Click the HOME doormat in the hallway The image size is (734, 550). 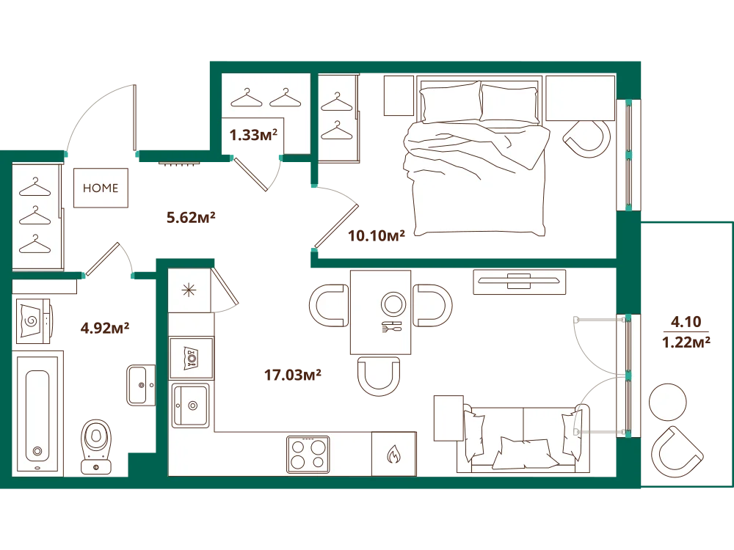click(101, 188)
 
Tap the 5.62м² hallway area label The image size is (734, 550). click(191, 218)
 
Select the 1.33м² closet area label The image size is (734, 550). click(253, 135)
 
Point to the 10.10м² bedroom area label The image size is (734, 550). click(377, 235)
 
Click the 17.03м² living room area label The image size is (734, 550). click(293, 375)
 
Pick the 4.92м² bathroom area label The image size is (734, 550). click(105, 328)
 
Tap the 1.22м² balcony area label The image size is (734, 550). click(686, 342)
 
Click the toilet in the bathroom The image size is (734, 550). click(96, 447)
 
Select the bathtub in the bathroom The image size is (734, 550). click(37, 414)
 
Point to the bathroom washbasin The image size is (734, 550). click(141, 385)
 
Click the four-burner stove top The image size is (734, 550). click(308, 454)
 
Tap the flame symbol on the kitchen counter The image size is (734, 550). click(393, 454)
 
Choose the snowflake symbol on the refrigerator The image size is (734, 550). click(189, 290)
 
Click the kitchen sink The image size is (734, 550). click(191, 406)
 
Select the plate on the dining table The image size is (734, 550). click(393, 304)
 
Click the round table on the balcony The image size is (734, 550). click(667, 402)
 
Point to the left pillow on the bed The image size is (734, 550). click(450, 103)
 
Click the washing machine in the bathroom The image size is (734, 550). click(34, 321)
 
